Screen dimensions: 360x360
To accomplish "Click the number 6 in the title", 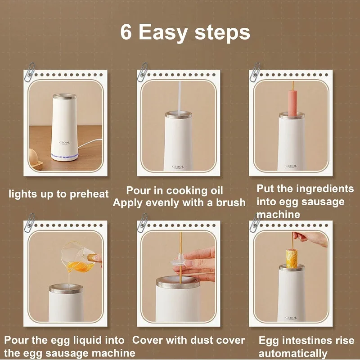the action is tap(126, 32).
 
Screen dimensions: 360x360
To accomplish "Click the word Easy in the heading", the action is tap(163, 33).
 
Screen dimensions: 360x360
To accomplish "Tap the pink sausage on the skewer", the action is tap(292, 103).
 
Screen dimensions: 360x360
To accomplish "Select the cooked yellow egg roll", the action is tap(292, 259).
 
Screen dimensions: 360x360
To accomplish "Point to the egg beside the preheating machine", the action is tap(33, 157).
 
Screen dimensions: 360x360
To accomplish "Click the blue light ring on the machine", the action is tap(64, 156).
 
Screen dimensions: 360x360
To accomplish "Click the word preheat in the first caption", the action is tap(89, 194).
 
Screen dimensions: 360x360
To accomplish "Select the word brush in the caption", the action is tap(231, 202).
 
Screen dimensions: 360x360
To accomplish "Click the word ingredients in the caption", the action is tap(325, 189).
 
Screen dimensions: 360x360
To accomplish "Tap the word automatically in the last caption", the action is tap(293, 353).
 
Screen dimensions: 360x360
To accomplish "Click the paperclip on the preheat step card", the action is tap(30, 72).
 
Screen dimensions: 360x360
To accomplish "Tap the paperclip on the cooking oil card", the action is tap(143, 72).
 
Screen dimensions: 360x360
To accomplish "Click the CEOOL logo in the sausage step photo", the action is tap(291, 166).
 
